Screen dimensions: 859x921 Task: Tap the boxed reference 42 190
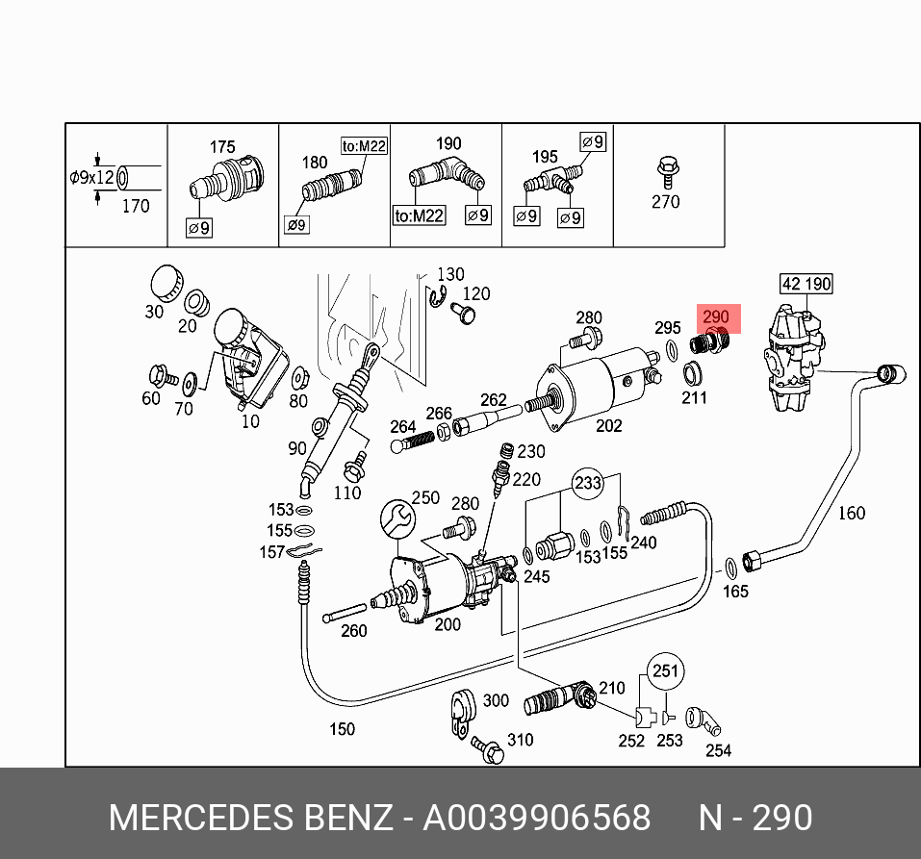(x=806, y=284)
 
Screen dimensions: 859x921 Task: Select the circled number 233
(x=587, y=484)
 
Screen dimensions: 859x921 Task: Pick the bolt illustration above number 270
(x=665, y=172)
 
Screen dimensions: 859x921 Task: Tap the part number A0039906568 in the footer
(x=538, y=818)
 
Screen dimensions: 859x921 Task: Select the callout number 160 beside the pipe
(x=851, y=513)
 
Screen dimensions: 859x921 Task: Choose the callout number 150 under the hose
(x=342, y=729)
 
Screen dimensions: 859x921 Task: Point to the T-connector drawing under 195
(x=551, y=180)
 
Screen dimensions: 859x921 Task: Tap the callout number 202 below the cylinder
(x=608, y=425)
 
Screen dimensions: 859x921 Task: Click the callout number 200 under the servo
(x=447, y=623)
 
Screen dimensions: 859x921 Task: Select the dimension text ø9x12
(x=92, y=178)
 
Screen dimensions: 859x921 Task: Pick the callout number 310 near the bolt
(x=520, y=739)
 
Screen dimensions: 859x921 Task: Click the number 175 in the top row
(x=222, y=147)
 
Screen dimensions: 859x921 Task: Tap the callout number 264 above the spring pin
(x=402, y=426)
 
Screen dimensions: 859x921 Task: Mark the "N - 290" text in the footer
(x=755, y=818)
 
